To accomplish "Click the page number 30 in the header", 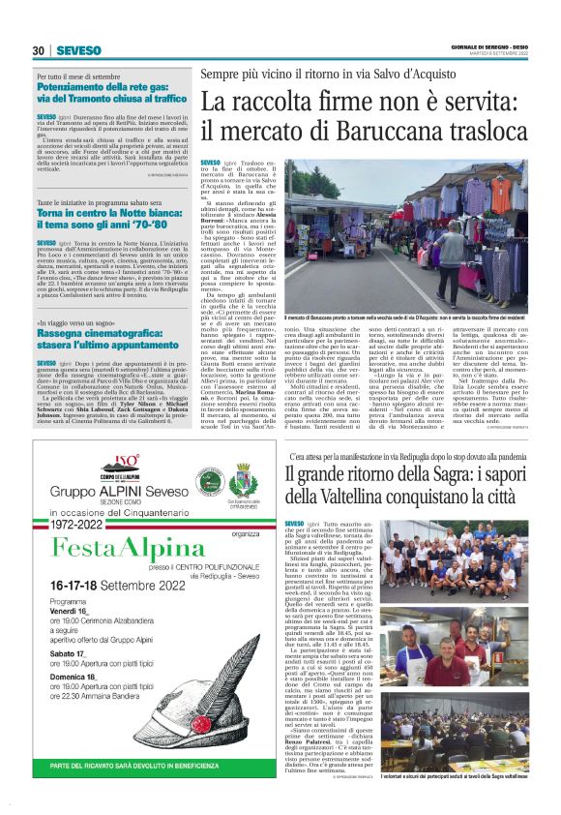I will (x=40, y=50).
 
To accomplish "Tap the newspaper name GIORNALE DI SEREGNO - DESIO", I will (x=488, y=45).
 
